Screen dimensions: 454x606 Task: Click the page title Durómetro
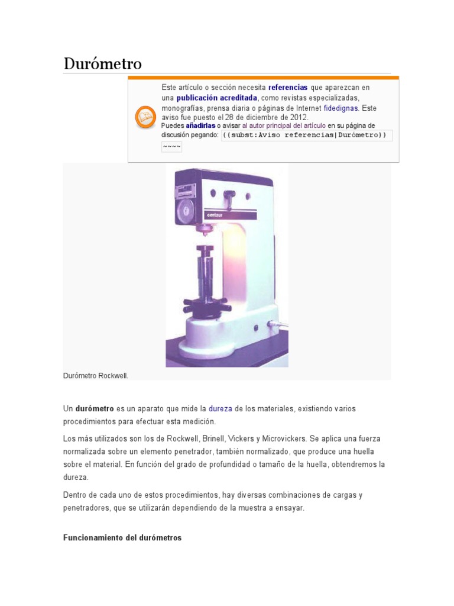[103, 63]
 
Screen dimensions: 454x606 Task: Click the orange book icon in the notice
[145, 117]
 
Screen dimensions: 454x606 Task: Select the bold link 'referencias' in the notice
[288, 88]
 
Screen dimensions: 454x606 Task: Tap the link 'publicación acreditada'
[216, 98]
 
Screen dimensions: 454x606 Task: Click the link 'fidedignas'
[341, 108]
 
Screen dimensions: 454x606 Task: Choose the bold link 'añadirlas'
[200, 125]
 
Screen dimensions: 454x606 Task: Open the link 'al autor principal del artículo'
[284, 125]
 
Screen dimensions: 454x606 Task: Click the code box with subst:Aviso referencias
[307, 136]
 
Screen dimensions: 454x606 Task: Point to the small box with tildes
[171, 147]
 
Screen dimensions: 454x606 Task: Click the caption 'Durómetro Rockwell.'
[95, 376]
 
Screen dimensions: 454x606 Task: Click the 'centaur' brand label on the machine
[215, 215]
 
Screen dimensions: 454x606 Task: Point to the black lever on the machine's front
[230, 195]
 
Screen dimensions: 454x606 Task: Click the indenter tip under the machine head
[205, 233]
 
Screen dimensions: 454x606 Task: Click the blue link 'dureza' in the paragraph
[220, 409]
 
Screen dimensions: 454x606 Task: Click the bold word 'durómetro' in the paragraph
[95, 409]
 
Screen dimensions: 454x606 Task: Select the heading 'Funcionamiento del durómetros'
[122, 538]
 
